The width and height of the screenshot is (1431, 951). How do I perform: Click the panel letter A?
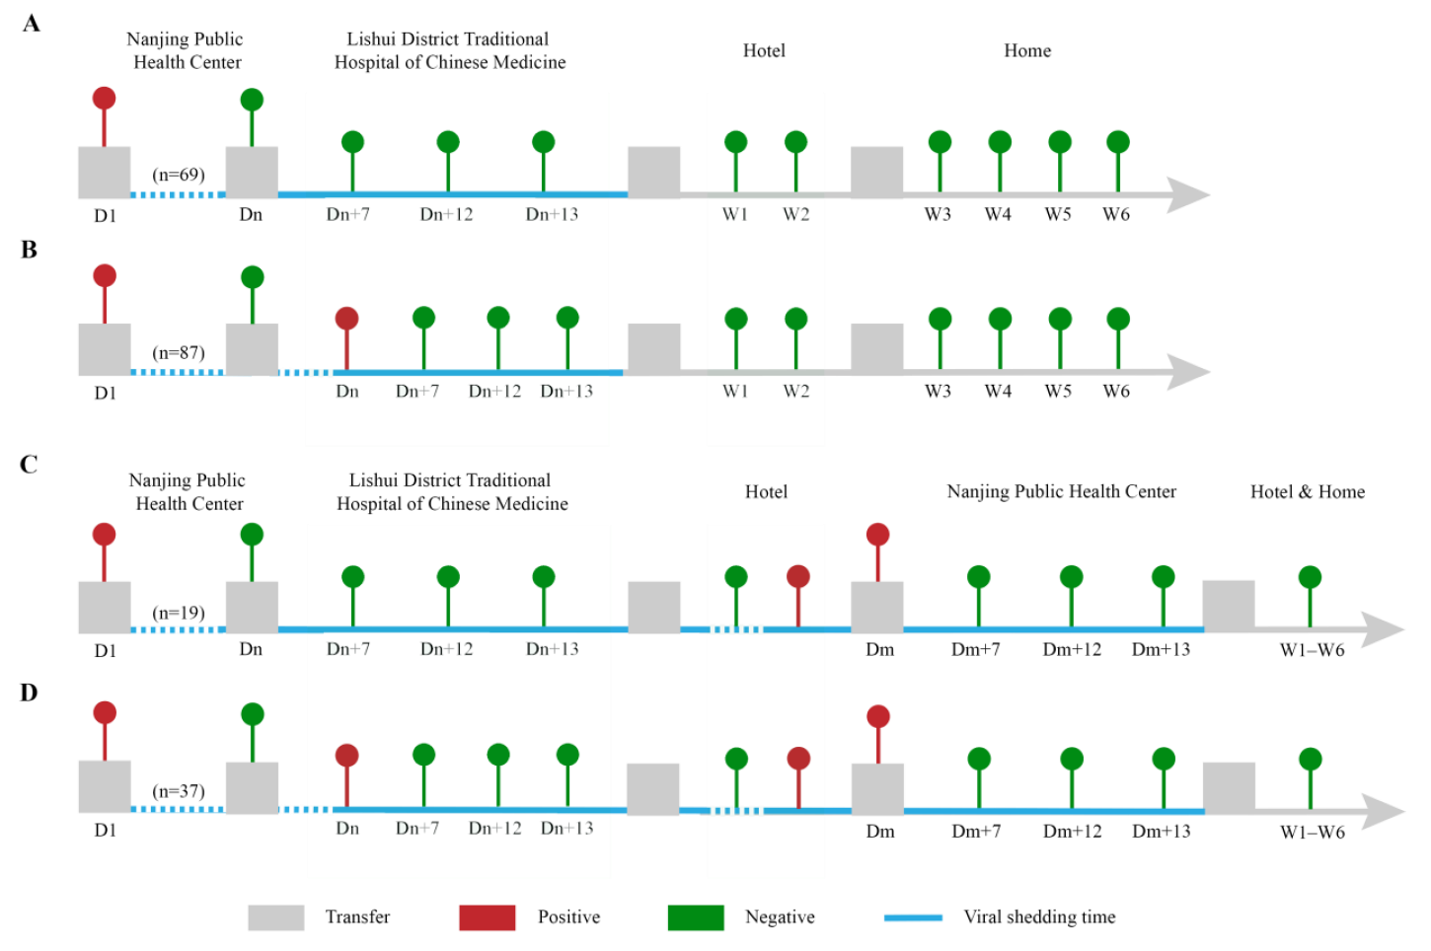(x=32, y=24)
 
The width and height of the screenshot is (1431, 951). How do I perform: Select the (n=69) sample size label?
(x=179, y=175)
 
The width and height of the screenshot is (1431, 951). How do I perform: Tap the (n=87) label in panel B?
(x=179, y=352)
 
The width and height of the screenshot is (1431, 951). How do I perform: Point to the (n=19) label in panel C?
(x=179, y=613)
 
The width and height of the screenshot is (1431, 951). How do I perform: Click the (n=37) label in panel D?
(x=179, y=791)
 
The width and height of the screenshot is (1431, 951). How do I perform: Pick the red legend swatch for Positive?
(x=488, y=917)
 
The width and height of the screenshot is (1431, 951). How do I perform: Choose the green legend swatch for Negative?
(x=696, y=917)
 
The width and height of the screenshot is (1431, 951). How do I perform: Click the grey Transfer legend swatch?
(x=276, y=917)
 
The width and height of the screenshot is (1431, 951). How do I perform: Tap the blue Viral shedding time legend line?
(x=913, y=917)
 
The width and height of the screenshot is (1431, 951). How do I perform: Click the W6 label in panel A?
(x=1116, y=215)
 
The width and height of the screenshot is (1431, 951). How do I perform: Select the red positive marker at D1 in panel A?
(x=105, y=99)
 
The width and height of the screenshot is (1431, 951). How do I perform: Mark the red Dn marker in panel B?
(x=346, y=318)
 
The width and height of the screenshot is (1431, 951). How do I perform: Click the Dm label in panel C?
(x=879, y=649)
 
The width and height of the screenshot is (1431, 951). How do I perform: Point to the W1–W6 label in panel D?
(x=1313, y=833)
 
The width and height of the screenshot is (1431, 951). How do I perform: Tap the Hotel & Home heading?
(x=1307, y=492)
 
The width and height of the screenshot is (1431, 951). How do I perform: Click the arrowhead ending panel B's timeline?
(x=1189, y=372)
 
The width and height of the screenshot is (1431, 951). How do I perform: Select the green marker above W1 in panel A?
(x=736, y=142)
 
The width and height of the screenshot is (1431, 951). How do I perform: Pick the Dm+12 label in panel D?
(x=1073, y=832)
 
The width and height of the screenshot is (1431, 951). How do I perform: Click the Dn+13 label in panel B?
(x=566, y=391)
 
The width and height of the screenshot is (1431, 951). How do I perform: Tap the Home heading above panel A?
(x=1027, y=50)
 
